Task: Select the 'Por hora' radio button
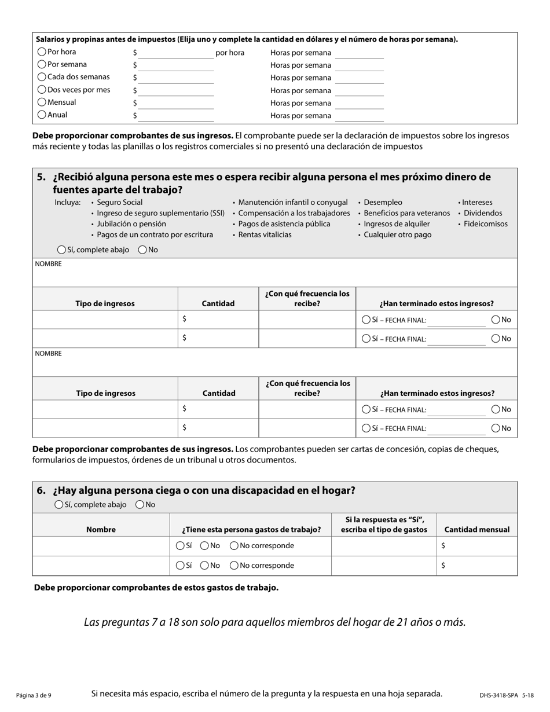[x=42, y=52]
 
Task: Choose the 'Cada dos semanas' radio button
[x=42, y=76]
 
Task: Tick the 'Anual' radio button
[x=42, y=115]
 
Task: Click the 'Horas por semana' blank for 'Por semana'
[x=359, y=65]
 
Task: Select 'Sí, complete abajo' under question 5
[x=61, y=249]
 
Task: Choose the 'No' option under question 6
[x=140, y=504]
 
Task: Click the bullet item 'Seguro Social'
[x=119, y=203]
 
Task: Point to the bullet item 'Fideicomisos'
[x=485, y=224]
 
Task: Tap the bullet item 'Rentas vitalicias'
[x=265, y=234]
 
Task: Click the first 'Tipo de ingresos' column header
[x=105, y=303]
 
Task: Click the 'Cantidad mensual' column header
[x=476, y=529]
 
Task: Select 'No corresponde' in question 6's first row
[x=234, y=545]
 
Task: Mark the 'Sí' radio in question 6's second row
[x=179, y=565]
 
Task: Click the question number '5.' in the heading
[x=42, y=177]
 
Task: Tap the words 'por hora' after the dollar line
[x=230, y=53]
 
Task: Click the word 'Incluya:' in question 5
[x=68, y=203]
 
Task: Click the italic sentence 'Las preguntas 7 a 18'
[x=274, y=622]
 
